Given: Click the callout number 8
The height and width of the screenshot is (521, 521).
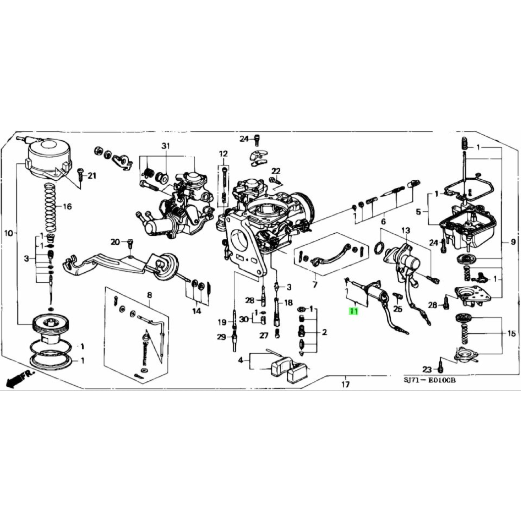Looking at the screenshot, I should (149, 296).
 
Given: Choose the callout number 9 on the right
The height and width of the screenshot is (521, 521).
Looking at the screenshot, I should (513, 242).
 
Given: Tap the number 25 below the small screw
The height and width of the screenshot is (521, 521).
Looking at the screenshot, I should (398, 309).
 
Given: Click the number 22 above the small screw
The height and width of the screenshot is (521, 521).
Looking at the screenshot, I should (276, 171).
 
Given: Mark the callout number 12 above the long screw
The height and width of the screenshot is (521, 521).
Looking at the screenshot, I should (223, 154).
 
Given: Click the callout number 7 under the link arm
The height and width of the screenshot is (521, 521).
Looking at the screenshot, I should (315, 285).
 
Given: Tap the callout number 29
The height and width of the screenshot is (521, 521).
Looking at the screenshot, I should (221, 337).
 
